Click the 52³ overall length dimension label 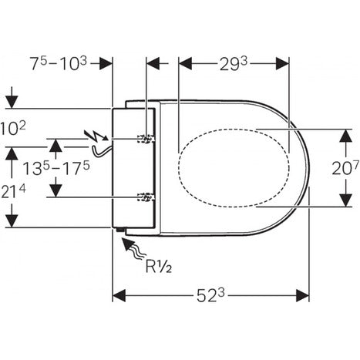[210, 296]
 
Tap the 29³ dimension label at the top [234, 64]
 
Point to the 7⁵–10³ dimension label [59, 63]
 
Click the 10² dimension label [13, 129]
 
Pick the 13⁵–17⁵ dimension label [56, 168]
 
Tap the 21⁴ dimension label [13, 192]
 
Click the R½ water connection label [159, 267]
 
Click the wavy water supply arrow [133, 249]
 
